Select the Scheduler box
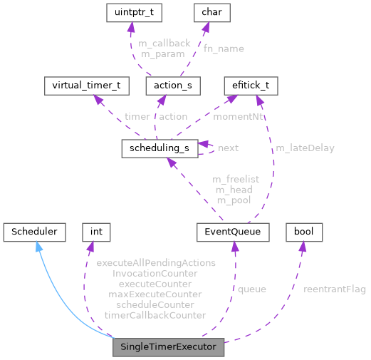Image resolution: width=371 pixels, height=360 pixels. coord(35,232)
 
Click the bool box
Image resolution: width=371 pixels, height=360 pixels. coord(304,232)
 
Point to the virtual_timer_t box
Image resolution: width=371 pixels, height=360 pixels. coord(86,86)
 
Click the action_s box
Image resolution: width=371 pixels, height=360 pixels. coord(172,86)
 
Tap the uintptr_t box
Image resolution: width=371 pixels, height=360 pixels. coord(132,12)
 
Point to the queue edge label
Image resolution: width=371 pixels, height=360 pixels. coord(251,289)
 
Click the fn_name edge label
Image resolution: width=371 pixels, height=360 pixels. coord(224,48)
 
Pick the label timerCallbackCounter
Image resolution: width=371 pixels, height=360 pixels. coord(155,314)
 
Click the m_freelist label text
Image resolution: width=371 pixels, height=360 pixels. coord(236,178)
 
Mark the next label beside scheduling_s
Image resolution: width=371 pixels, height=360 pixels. coord(228,148)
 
